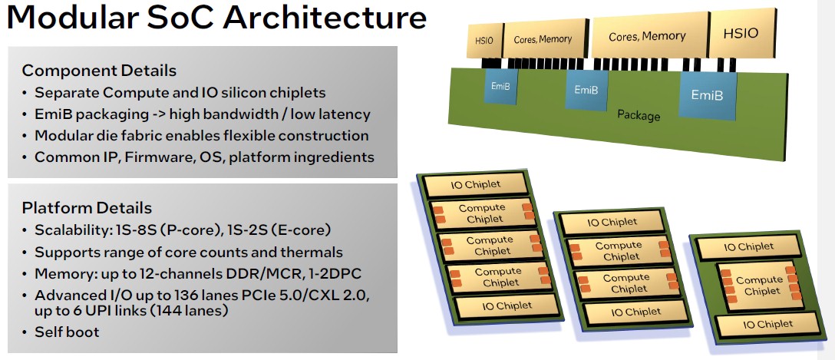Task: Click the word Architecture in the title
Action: [x=325, y=18]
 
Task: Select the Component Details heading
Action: [x=99, y=71]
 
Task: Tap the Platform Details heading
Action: [x=87, y=208]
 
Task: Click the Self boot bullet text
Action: [x=67, y=332]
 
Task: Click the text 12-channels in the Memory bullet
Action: [x=171, y=274]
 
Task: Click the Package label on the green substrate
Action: [x=639, y=115]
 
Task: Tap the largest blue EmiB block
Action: [x=707, y=94]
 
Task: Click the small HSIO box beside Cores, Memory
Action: [x=484, y=40]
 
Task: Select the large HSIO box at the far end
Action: [x=742, y=33]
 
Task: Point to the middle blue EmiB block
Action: [x=586, y=90]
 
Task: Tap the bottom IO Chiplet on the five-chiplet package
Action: [x=507, y=306]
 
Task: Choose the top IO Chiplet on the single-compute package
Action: [x=748, y=246]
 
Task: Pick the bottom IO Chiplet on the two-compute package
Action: [x=635, y=312]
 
